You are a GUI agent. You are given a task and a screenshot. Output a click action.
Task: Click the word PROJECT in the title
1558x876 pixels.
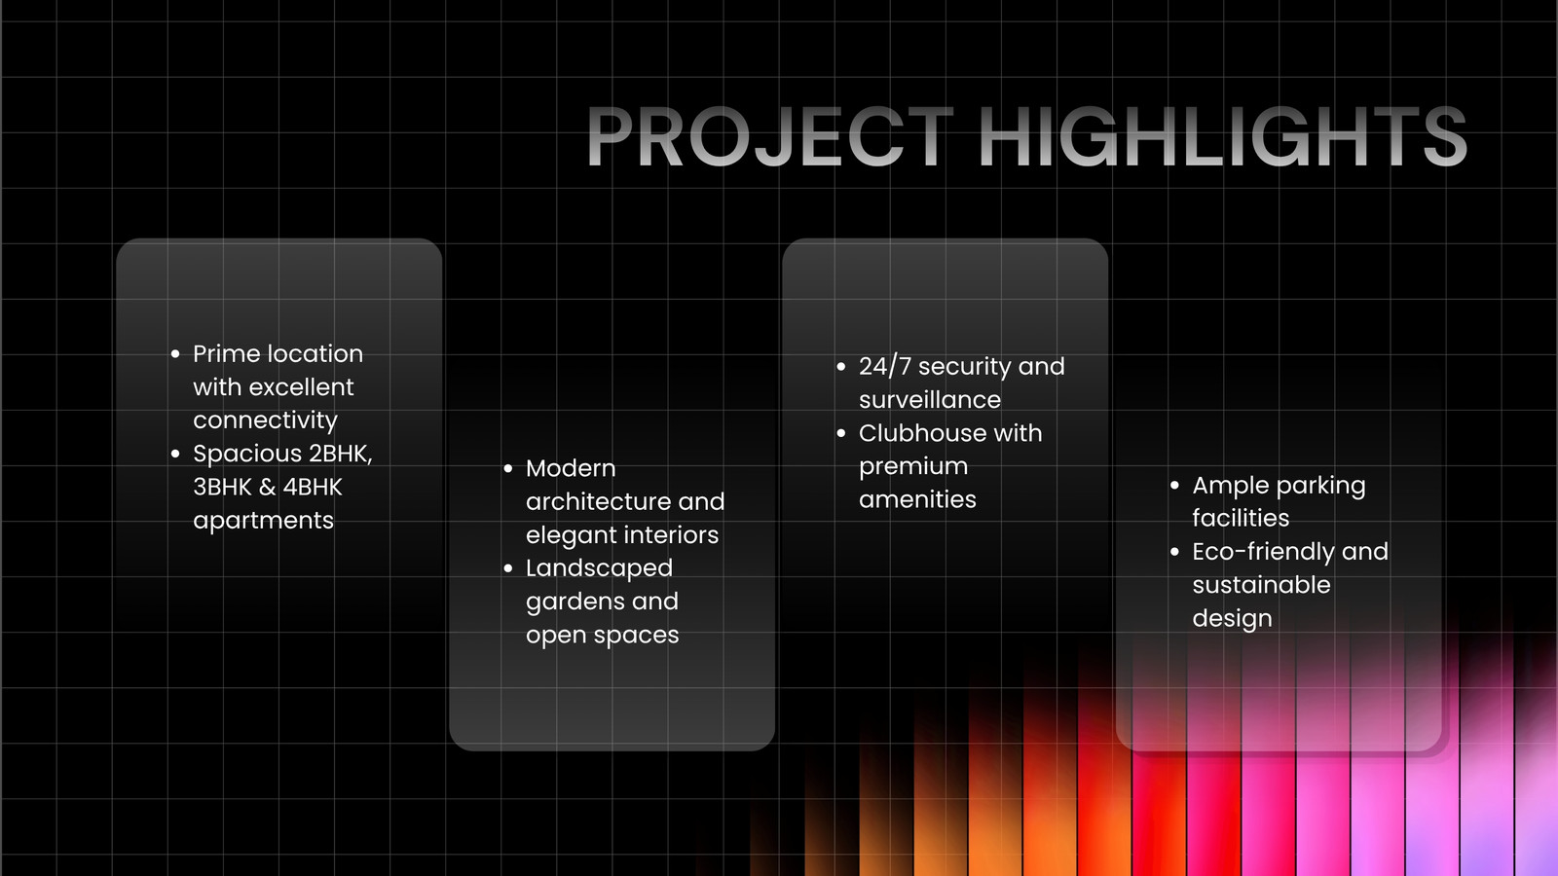click(x=769, y=136)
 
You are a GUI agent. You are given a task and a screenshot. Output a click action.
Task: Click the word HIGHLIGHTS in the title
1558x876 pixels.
click(x=1223, y=136)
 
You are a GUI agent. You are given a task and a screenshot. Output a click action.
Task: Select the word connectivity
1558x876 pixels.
click(x=265, y=421)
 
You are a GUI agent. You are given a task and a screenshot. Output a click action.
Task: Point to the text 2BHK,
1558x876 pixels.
click(x=341, y=454)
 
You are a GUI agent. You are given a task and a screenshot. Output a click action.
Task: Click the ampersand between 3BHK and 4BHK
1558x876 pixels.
click(x=267, y=488)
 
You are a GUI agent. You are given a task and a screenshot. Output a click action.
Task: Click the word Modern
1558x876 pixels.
click(x=571, y=468)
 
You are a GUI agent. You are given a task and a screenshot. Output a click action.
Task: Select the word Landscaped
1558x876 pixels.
click(x=599, y=568)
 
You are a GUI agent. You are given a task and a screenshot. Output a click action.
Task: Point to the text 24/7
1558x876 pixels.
click(x=885, y=366)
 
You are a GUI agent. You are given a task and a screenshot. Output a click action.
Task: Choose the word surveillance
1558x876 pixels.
click(x=930, y=400)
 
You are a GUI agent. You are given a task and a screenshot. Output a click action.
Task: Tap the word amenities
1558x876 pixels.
click(x=917, y=500)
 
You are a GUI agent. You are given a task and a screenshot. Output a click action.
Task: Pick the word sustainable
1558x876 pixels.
click(x=1261, y=585)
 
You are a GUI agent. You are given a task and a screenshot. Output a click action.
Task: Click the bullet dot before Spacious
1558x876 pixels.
click(x=175, y=454)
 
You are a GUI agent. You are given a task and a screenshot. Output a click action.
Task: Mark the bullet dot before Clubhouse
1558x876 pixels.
click(x=841, y=433)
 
